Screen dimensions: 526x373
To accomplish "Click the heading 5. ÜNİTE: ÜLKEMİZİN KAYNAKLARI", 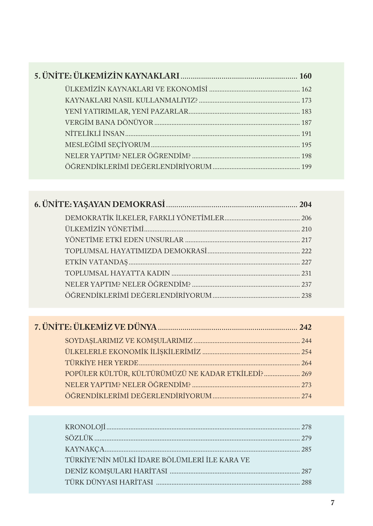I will coord(107,76).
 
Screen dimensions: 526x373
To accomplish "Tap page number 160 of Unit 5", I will coord(305,76).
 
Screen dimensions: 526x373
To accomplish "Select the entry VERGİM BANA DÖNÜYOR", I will coord(109,122).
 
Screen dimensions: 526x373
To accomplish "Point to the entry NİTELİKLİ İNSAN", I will coord(95,134).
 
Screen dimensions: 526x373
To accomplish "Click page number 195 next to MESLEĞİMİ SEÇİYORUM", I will coord(306,145).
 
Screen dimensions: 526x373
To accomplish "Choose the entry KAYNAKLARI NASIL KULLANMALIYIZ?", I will coord(131,100).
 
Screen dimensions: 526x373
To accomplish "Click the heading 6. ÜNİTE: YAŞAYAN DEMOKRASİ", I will coord(100,204).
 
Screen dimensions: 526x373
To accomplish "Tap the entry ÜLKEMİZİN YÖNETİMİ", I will coord(104,229).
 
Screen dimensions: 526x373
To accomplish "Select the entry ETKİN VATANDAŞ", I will coord(96,262).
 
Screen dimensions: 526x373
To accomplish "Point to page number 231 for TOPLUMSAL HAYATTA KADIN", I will coord(306,273).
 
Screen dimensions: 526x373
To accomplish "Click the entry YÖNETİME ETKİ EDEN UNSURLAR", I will coord(124,240).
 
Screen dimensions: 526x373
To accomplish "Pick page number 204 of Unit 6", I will coord(305,205).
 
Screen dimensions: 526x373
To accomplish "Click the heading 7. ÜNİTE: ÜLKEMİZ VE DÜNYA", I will coord(95,327).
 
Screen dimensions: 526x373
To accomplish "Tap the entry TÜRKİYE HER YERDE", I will coord(102,363).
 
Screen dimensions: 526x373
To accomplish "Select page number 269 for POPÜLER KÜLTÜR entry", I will coord(306,374).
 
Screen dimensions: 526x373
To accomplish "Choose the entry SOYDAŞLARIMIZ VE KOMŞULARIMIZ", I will coord(128,341).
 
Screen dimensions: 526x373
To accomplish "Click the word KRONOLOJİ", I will coord(85,427).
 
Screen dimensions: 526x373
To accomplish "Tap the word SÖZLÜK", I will coord(79,438).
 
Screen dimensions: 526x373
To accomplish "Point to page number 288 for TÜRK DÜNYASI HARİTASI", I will coord(306,483).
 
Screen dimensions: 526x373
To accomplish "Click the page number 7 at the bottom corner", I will coord(333,503).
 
